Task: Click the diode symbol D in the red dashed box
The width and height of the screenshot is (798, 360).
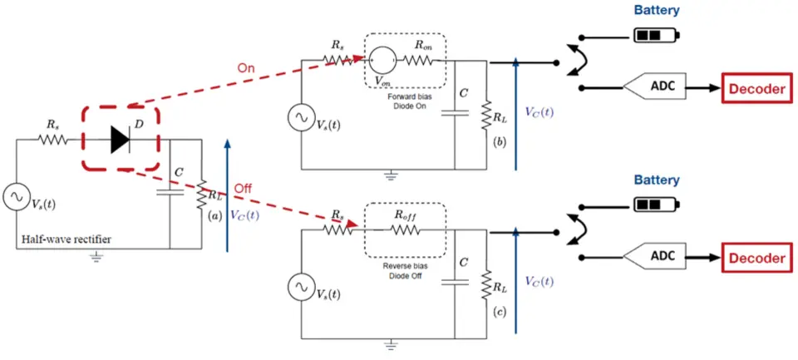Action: point(121,142)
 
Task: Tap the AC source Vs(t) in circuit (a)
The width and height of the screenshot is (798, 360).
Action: point(17,197)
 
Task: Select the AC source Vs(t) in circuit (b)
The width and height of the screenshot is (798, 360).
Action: point(300,118)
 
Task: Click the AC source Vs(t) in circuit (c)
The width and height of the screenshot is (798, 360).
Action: point(300,287)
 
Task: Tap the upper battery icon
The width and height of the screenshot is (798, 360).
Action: point(656,36)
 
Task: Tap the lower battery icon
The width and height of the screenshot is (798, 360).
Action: point(656,205)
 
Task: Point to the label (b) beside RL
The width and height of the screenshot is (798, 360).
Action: point(498,143)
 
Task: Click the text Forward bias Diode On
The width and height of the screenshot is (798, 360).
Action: point(405,101)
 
